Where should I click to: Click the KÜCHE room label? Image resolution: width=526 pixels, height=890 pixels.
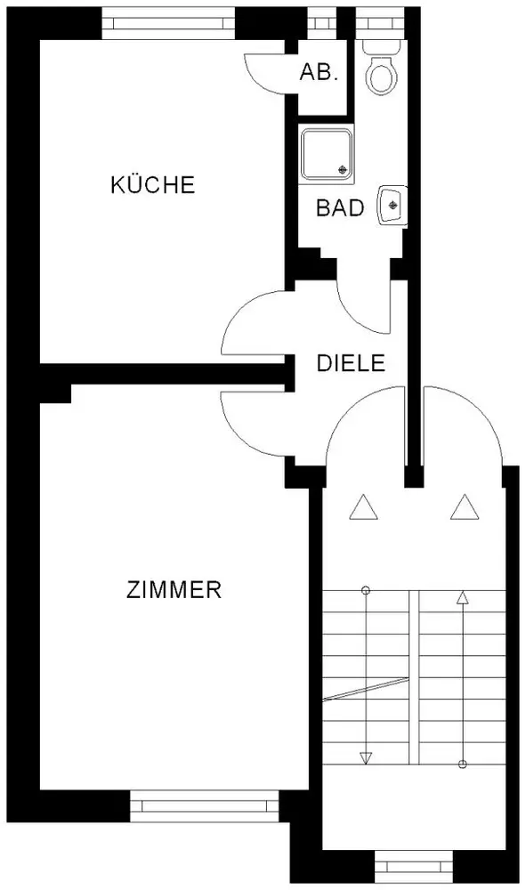click(152, 184)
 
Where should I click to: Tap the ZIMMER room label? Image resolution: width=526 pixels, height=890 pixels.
click(174, 590)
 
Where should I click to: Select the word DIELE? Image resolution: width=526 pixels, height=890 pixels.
click(351, 363)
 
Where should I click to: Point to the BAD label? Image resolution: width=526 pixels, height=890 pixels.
click(340, 208)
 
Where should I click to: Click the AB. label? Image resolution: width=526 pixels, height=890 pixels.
click(320, 72)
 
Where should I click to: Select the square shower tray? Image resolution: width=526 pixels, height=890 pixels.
click(327, 154)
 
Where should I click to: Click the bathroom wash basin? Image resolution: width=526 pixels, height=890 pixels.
click(392, 205)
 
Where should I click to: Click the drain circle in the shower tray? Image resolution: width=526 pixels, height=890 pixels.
click(342, 168)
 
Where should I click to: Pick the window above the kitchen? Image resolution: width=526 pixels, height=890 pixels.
click(168, 23)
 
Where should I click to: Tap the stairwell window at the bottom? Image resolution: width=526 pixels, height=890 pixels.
click(414, 867)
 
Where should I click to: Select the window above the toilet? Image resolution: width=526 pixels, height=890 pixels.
click(379, 23)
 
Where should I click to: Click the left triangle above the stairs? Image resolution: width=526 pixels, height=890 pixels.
click(364, 507)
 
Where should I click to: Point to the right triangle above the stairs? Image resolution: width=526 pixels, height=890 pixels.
click(465, 507)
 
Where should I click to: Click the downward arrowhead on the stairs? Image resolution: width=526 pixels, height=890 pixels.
click(366, 757)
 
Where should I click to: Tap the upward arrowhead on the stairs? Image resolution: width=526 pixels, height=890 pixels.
click(463, 597)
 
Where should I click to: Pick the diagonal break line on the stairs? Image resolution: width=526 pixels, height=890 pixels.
click(366, 689)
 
